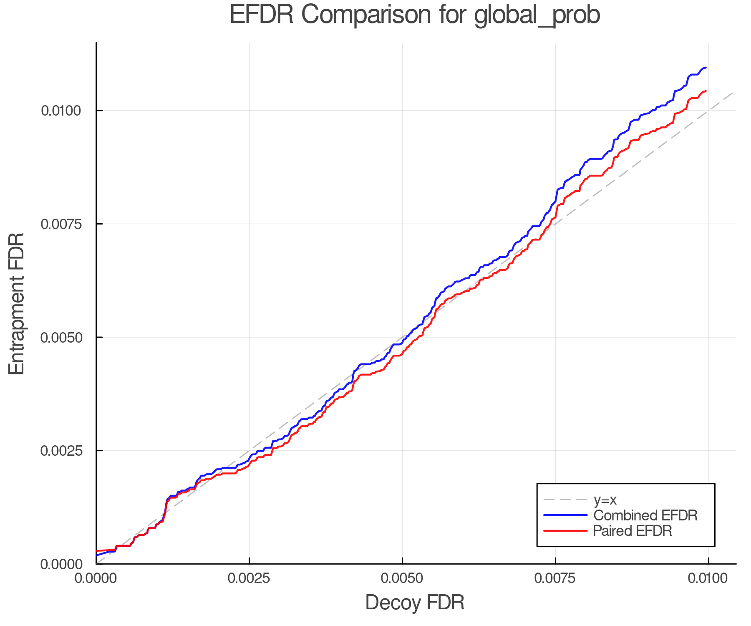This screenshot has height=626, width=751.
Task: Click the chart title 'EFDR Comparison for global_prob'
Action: click(x=415, y=15)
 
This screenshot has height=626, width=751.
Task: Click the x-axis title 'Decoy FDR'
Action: click(x=415, y=603)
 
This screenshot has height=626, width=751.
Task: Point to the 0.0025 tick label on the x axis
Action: click(x=249, y=578)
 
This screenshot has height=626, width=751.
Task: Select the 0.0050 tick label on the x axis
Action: click(x=402, y=578)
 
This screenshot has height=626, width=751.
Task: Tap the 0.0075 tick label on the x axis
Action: click(x=555, y=578)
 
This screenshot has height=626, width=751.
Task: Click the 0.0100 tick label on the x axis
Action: click(x=708, y=578)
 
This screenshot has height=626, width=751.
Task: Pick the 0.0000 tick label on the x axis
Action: click(x=96, y=578)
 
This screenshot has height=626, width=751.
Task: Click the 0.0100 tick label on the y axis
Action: click(x=61, y=111)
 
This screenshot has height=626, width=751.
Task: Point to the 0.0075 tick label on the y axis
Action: click(x=61, y=224)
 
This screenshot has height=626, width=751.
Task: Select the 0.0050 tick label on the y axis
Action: click(x=61, y=337)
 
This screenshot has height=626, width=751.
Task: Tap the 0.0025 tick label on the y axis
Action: click(x=61, y=451)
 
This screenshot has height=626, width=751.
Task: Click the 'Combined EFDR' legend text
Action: click(x=645, y=515)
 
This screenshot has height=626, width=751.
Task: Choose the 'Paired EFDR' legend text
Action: click(x=633, y=531)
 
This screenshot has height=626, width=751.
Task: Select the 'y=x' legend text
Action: click(x=605, y=500)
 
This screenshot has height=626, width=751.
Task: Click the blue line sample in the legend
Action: click(x=565, y=515)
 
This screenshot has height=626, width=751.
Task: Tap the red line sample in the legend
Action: click(x=565, y=531)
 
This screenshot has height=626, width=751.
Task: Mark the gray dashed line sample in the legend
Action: click(x=565, y=500)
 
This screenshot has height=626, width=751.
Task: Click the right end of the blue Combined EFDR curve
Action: click(x=706, y=68)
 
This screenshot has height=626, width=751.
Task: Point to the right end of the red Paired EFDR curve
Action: click(x=706, y=91)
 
